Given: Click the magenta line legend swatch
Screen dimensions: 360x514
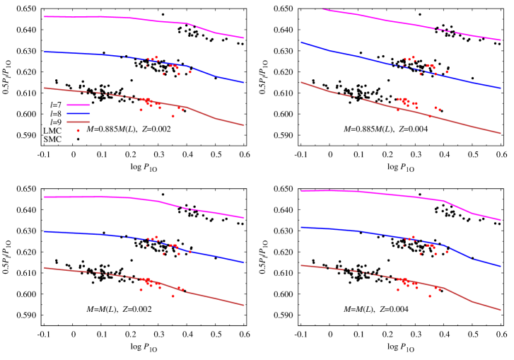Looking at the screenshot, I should coord(78,105).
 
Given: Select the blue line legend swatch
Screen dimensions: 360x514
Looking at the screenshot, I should coord(78,113).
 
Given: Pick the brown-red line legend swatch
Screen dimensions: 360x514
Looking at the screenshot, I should coord(78,122).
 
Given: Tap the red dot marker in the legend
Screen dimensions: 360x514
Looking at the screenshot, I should coord(78,131).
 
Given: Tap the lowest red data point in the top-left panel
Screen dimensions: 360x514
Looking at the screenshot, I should coord(173,116).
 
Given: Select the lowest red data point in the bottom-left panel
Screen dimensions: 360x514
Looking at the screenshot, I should coord(173,296).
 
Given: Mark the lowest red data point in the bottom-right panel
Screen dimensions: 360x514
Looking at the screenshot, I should coord(430,296).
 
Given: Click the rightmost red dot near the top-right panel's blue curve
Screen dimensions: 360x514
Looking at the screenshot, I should coord(446,71).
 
